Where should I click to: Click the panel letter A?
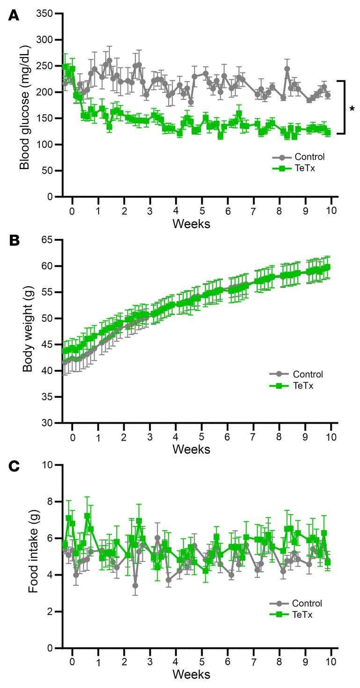pyautogui.click(x=14, y=15)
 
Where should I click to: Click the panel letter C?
pyautogui.click(x=14, y=466)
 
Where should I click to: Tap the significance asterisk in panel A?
pyautogui.click(x=352, y=109)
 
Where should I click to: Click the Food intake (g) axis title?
pyautogui.click(x=32, y=556)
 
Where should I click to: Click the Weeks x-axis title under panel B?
pyautogui.click(x=191, y=449)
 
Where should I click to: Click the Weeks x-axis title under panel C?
pyautogui.click(x=191, y=674)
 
